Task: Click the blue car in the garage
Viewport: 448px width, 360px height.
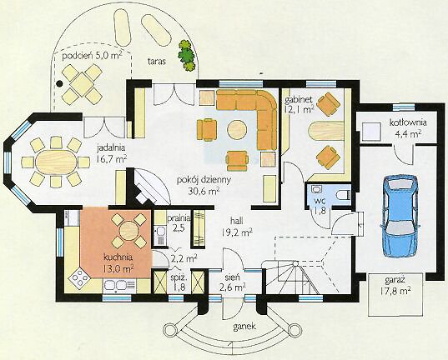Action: (400, 216)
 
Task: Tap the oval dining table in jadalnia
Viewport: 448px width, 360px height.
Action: (56, 162)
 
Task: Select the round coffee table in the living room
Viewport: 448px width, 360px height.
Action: (237, 130)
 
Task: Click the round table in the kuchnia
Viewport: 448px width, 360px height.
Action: (128, 230)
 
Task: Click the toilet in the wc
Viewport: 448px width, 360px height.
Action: (344, 195)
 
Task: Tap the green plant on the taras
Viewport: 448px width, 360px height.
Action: (188, 55)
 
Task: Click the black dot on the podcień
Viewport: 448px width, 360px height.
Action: (59, 83)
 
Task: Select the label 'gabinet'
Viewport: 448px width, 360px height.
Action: (299, 100)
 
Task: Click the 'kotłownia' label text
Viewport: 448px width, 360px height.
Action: (408, 122)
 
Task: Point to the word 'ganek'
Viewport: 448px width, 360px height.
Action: (244, 327)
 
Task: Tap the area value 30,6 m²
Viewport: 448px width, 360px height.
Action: (204, 191)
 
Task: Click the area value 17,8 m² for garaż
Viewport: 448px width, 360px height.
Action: (395, 291)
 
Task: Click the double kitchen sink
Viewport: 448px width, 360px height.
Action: (120, 287)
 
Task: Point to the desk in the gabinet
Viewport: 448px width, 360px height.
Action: (326, 131)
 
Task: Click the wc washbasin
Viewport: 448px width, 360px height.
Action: (316, 189)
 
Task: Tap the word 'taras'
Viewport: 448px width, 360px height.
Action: (157, 61)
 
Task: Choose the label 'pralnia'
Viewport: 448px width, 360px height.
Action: (179, 219)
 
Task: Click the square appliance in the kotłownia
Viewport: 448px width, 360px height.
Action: (371, 132)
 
